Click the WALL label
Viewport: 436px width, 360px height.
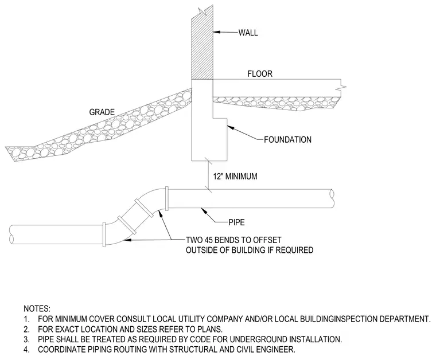tap(248, 33)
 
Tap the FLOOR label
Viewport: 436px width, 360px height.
tap(260, 73)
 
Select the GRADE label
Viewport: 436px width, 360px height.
tap(102, 112)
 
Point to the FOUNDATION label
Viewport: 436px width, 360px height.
tap(287, 139)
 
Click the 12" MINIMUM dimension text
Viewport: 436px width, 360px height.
tap(235, 177)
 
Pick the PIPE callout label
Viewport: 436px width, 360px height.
tap(236, 222)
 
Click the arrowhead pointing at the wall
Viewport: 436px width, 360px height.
tap(217, 32)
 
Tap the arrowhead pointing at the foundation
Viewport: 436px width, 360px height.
tap(231, 128)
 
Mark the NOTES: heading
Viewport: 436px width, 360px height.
tap(37, 308)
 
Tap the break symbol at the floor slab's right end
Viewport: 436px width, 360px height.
tap(341, 88)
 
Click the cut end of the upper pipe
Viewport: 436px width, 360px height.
tap(332, 198)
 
